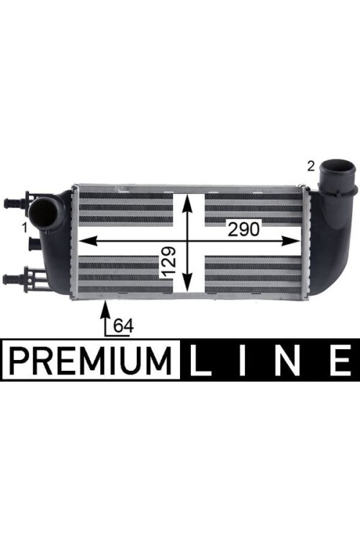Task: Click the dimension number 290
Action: tap(243, 229)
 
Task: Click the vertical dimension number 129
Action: tap(168, 262)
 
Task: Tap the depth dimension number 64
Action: tap(123, 325)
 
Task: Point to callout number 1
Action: tap(24, 228)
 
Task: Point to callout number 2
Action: tap(311, 167)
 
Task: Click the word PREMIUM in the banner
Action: tap(91, 361)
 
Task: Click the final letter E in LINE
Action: tap(340, 360)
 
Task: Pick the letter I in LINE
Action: tap(243, 360)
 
